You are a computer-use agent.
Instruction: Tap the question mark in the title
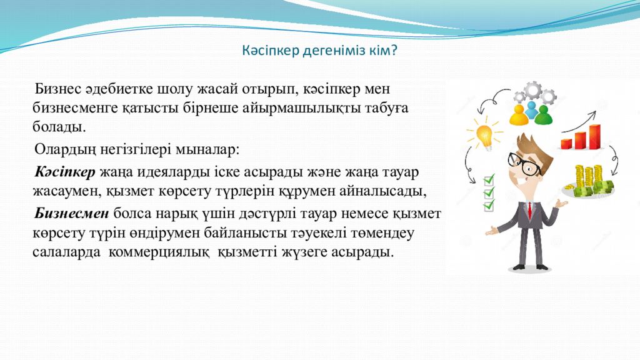(x=394, y=51)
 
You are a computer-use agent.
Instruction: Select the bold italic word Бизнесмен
(x=72, y=213)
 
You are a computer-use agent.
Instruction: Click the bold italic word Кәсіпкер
(x=65, y=172)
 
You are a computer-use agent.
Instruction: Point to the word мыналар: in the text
(x=207, y=150)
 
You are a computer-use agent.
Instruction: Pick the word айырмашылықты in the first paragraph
(x=301, y=108)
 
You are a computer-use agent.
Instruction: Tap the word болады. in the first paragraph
(x=59, y=127)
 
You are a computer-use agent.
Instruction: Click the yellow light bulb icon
(x=484, y=136)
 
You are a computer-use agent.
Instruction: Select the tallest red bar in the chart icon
(x=595, y=137)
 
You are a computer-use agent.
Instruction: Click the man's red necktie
(x=530, y=210)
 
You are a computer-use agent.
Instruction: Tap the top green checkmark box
(x=489, y=179)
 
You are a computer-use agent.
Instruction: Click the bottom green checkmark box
(x=489, y=205)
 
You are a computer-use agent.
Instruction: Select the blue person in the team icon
(x=531, y=111)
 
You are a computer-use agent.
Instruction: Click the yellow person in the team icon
(x=518, y=116)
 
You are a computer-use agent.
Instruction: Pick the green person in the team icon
(x=543, y=115)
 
